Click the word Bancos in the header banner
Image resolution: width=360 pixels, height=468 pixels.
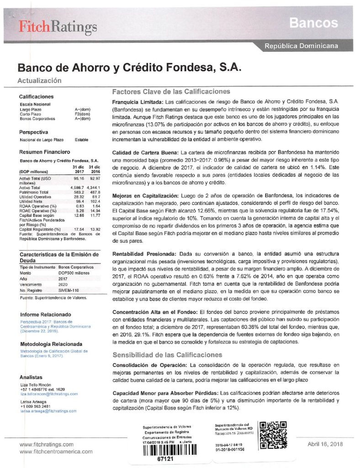pos(313,22)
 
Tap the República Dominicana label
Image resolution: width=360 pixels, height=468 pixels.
pos(302,46)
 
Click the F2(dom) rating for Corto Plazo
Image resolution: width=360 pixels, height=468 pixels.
pos(82,114)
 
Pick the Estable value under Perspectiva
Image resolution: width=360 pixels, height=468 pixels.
pos(81,139)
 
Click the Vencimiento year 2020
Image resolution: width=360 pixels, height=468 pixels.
pos(64,283)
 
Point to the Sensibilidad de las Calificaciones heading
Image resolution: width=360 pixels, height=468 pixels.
pos(167,355)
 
